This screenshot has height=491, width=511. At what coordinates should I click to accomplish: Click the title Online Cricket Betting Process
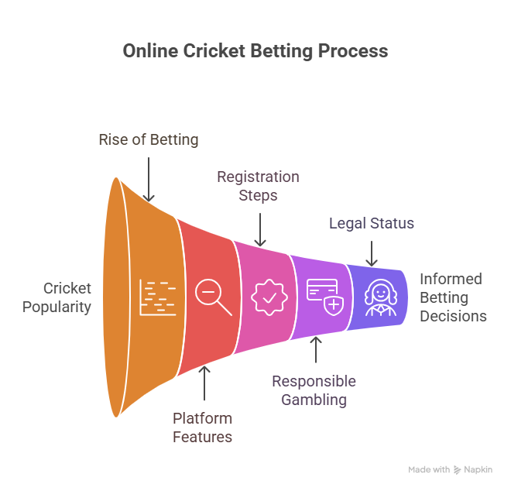256,51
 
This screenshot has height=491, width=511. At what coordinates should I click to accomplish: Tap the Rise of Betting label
149,140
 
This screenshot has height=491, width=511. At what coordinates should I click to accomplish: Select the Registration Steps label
258,186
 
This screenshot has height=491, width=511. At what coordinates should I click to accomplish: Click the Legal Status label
372,223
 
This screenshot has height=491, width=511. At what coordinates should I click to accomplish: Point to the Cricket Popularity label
57,297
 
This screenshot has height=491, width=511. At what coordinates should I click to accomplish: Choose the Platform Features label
202,427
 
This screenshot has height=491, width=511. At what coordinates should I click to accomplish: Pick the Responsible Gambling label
314,390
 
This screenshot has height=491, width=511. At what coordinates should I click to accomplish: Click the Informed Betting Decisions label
453,297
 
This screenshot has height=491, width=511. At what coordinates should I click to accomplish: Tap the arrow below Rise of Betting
149,180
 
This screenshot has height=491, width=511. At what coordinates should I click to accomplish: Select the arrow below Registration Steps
260,229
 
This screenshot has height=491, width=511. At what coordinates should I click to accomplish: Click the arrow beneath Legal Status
372,254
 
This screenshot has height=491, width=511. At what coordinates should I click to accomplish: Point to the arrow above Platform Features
204,383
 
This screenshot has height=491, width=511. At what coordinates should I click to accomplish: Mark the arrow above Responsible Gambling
316,349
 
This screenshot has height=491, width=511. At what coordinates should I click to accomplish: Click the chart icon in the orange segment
158,297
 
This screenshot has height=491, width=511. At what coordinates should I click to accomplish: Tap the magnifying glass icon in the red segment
214,297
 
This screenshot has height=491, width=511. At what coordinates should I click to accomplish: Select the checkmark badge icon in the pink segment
269,297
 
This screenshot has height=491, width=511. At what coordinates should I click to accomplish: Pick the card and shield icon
325,297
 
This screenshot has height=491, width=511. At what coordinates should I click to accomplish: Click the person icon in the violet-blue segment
381,297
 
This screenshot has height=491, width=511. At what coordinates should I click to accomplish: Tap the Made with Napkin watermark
450,470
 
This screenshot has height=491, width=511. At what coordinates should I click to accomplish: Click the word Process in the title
353,51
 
